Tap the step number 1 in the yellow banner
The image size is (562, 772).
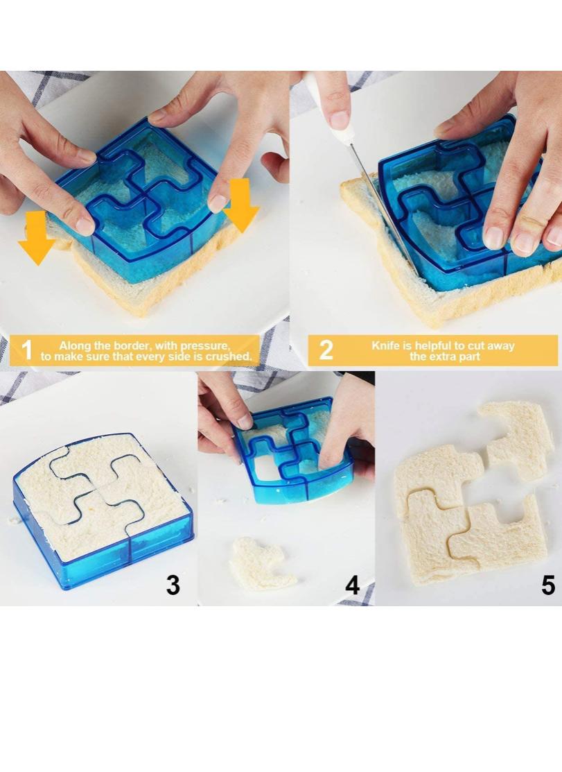coord(26,350)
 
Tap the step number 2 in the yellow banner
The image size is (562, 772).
coord(325,350)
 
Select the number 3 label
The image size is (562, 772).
coord(173,585)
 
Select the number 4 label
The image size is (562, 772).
coord(352,585)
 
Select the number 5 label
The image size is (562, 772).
coord(547,585)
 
